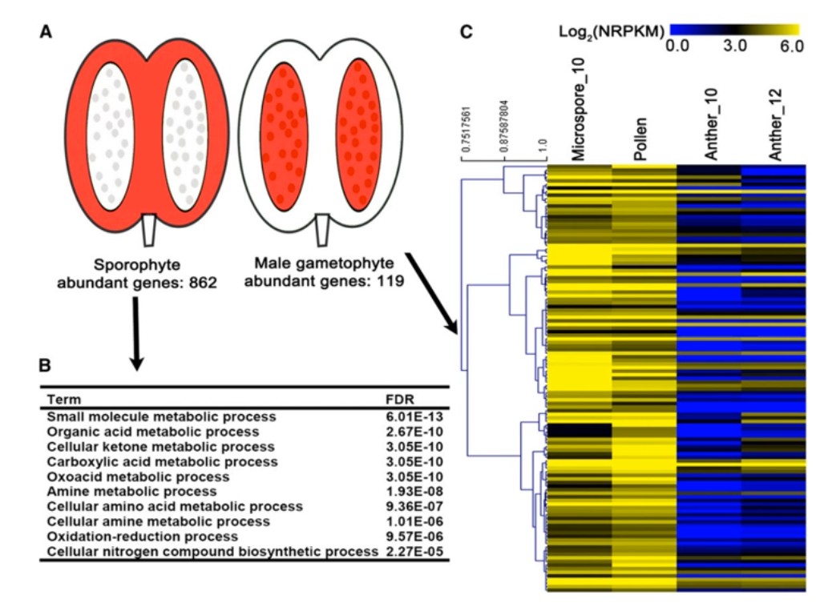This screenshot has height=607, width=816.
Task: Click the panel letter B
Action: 46,365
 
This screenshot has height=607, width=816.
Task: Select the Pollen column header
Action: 641,141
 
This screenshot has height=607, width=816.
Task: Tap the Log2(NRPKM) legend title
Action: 612,31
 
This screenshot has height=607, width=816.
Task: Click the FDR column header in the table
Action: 398,398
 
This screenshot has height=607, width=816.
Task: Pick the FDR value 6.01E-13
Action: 414,416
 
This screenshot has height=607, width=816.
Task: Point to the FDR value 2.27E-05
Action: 414,551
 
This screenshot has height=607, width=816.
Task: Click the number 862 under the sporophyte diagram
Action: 201,282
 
